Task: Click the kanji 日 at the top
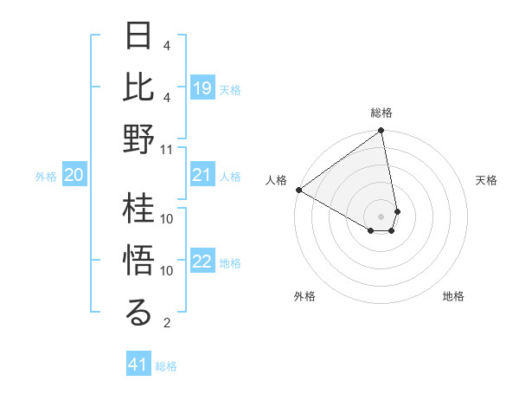(139, 36)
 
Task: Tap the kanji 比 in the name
(139, 87)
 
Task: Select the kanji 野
(139, 139)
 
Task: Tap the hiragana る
(139, 313)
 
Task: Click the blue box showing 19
(202, 88)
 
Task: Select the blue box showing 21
(202, 176)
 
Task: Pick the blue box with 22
(202, 262)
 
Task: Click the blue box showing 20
(74, 176)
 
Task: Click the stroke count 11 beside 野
(167, 149)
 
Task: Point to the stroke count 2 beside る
(167, 323)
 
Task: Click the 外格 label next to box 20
(46, 177)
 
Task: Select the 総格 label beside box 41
(166, 366)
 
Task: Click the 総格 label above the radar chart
(381, 113)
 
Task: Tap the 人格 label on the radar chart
(276, 180)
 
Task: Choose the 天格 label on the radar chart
(487, 180)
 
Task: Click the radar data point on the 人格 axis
(298, 190)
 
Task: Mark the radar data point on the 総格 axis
(381, 132)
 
